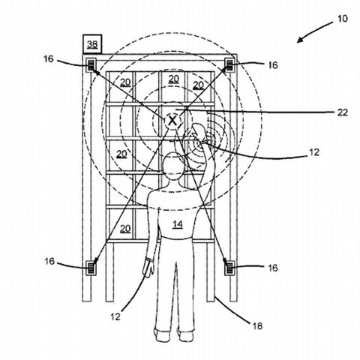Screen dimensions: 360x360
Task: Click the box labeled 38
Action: (x=92, y=44)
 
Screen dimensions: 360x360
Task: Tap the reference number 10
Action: (x=342, y=19)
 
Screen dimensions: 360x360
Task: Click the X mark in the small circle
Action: (x=172, y=121)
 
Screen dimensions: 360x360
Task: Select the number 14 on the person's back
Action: (x=178, y=224)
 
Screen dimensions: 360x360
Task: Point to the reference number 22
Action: (x=342, y=112)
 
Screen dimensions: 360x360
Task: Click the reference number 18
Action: (x=257, y=325)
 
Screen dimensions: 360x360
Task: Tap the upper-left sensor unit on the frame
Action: (x=91, y=64)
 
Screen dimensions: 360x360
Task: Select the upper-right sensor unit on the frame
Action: (x=229, y=64)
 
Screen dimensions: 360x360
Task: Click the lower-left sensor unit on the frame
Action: (x=91, y=268)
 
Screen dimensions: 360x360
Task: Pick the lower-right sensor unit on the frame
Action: (x=229, y=268)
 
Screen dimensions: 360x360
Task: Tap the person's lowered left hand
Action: (x=148, y=268)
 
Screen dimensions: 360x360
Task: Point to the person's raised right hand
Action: (x=199, y=133)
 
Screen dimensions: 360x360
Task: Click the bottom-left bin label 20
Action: (x=125, y=229)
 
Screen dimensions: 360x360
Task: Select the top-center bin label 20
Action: (x=174, y=79)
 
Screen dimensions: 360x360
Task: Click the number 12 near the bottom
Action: (x=115, y=316)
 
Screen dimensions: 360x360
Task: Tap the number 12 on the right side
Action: (x=314, y=152)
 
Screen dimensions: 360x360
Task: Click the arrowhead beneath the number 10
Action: (x=300, y=40)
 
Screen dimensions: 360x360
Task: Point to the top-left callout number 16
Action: (x=49, y=59)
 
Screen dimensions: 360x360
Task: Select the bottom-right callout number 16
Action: (x=273, y=268)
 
